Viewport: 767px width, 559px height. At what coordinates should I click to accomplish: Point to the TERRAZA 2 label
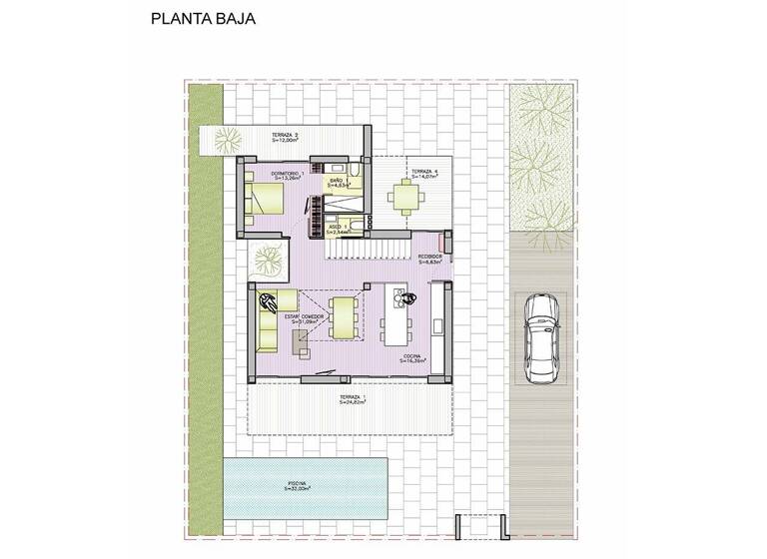(286, 138)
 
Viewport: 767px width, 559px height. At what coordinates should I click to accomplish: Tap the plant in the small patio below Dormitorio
(266, 259)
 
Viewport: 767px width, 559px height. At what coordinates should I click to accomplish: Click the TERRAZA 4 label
(425, 173)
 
